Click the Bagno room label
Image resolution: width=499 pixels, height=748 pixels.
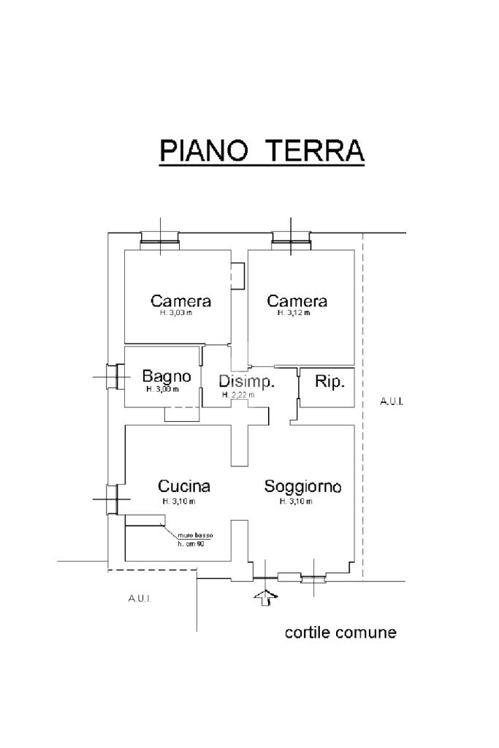coord(167,377)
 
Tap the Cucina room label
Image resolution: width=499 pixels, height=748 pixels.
coord(184,486)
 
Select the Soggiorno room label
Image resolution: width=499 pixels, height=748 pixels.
coord(303,486)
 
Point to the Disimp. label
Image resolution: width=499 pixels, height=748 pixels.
coord(246,382)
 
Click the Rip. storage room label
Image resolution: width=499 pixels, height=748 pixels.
coord(329,381)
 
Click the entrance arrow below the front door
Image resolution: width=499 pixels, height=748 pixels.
coord(266,597)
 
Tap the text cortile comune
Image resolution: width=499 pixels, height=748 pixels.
coord(340,632)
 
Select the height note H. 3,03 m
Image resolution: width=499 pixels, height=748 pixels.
coord(176,313)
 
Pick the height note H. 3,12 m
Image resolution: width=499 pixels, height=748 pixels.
coord(294,313)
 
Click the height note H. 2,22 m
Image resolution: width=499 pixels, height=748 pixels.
coord(238,395)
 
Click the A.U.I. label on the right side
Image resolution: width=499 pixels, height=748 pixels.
coord(392,401)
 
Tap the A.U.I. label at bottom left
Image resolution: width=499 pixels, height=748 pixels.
coord(139,599)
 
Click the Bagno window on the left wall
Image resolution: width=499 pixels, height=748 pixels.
coord(113,376)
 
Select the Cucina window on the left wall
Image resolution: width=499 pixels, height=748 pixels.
coord(113,499)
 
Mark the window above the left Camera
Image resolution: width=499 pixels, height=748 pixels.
coord(160,238)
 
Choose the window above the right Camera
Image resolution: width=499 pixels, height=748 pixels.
coord(292,238)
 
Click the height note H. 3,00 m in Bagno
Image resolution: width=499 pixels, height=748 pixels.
coord(162,389)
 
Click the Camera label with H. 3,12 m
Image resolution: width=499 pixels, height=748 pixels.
coord(297,301)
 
